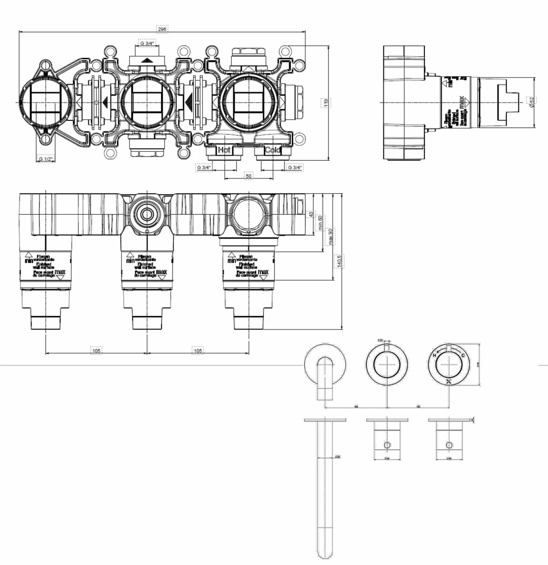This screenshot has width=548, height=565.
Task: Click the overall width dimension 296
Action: point(162,29)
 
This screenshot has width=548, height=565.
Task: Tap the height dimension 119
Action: point(325,103)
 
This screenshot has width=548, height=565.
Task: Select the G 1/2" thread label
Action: point(46,159)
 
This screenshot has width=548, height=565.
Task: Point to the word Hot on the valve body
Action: point(224,150)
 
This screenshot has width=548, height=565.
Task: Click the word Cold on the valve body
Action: point(273,150)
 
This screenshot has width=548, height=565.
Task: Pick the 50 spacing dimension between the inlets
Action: point(248,176)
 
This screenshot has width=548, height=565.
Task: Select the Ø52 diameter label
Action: point(531,102)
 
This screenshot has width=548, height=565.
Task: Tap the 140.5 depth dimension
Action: point(339,261)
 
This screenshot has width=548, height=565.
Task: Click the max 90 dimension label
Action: point(330,237)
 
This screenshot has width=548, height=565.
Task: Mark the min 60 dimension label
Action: point(320,222)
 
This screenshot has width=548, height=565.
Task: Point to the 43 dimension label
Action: point(311,214)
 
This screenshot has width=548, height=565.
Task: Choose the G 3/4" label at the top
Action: point(147,43)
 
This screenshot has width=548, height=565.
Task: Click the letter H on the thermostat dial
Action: point(435,355)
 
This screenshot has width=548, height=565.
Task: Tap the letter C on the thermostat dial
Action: point(463,355)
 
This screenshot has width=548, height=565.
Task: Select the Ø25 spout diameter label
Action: point(338,457)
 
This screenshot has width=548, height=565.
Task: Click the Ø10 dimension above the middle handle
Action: point(380,340)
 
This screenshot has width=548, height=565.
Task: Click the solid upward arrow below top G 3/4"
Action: point(147,61)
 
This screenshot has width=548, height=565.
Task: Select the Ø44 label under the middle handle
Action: point(387,459)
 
